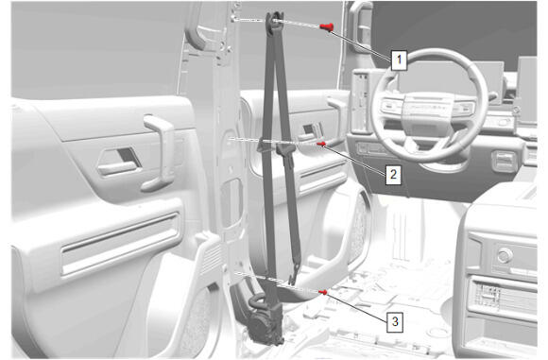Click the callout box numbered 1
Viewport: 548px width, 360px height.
pos(399,60)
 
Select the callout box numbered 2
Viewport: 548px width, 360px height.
pos(393,174)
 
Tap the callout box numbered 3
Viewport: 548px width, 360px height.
pos(395,321)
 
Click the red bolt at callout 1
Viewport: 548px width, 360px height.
pos(327,26)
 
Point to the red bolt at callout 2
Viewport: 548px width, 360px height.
pos(321,144)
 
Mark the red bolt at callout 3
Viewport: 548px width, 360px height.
pos(323,292)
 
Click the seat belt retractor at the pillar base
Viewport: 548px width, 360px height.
pos(265,323)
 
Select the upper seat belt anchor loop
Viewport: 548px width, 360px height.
pos(274,23)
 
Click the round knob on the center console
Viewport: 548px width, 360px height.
pos(505,255)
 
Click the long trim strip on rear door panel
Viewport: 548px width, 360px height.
pos(121,244)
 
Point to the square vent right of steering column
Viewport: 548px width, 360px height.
pos(505,162)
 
